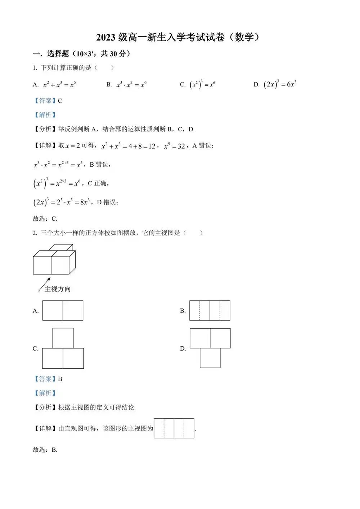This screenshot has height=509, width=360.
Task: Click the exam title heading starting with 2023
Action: point(178,37)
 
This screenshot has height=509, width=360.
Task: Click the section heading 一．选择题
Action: point(81,54)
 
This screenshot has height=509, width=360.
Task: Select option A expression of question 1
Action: point(59,85)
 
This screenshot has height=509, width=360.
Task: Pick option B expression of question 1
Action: point(131,85)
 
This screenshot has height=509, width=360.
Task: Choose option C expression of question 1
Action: point(202,85)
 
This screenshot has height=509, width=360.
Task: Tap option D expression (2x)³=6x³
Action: point(280,84)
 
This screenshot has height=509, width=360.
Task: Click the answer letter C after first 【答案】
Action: point(60,101)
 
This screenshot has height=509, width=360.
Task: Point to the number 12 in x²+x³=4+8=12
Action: point(152,146)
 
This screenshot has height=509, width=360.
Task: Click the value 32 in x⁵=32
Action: point(181,146)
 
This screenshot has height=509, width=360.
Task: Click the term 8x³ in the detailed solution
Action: point(85,202)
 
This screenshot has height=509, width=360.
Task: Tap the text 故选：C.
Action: point(45,219)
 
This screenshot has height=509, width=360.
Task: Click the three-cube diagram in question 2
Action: point(54,260)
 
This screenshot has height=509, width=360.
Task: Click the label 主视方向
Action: point(58,289)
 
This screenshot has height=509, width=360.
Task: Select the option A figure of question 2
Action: point(63,311)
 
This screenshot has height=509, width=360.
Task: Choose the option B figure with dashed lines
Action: point(210,311)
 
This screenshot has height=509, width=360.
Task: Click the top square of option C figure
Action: point(63,338)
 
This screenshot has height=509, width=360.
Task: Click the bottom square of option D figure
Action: point(210,358)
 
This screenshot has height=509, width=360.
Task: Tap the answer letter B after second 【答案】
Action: point(60,379)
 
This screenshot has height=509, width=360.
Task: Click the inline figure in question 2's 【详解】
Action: point(174,428)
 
